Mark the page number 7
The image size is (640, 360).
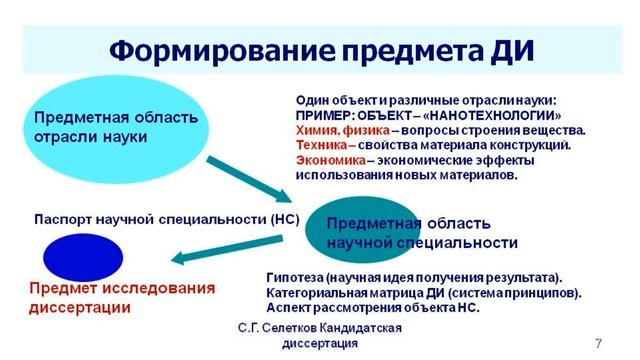click(x=597, y=343)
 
